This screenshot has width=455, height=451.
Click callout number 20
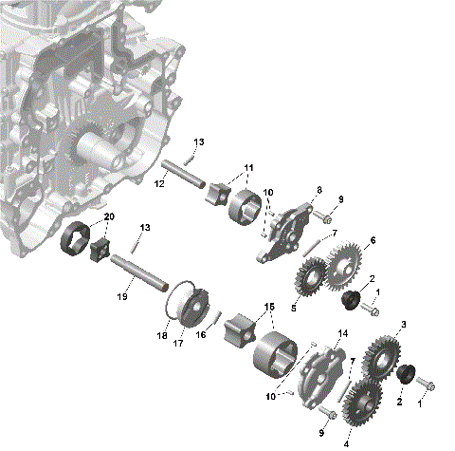tap(108, 217)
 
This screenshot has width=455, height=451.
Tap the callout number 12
tap(158, 182)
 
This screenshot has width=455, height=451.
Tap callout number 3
tap(404, 326)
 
